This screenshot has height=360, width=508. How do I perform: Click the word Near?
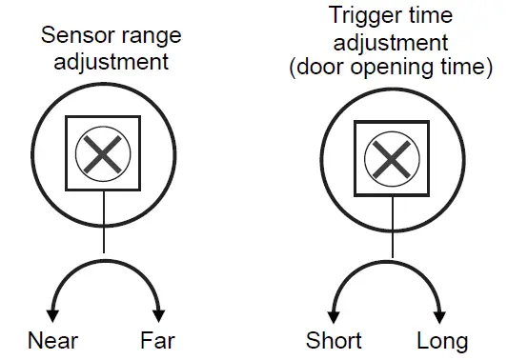[53, 340]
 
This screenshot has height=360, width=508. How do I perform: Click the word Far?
[157, 340]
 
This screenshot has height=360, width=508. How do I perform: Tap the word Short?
[334, 340]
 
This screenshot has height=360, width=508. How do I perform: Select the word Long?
[442, 340]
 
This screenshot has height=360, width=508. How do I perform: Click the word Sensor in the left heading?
[73, 37]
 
